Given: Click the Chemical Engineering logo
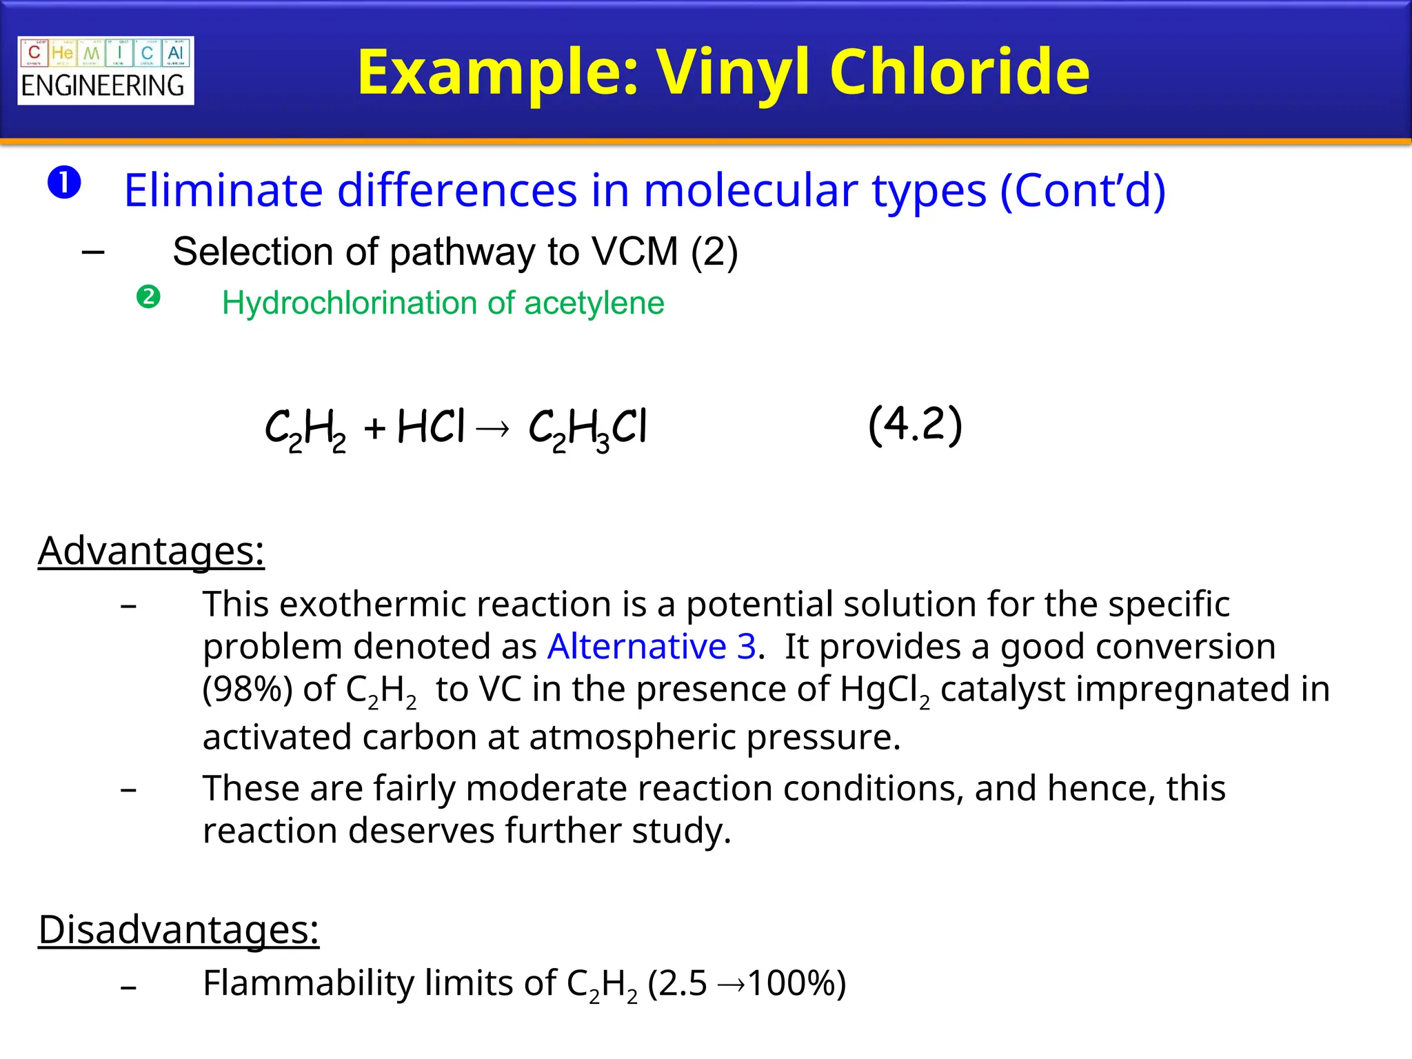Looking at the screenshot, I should coord(105,70).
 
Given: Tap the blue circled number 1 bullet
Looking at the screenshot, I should coord(64,183).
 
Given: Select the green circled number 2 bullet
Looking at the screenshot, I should coord(148,297).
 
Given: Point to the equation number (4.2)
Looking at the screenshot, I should coord(915,425).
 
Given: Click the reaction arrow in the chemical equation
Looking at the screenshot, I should coord(493,430).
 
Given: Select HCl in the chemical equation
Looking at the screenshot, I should coord(432,427).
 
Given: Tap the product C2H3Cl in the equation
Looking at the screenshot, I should coord(587,429).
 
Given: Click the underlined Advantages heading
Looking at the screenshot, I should coord(151,551).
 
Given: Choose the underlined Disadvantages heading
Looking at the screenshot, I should coord(179,929).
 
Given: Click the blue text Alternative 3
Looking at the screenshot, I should coord(652,647).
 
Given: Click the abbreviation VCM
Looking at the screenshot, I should coord(635,252).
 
